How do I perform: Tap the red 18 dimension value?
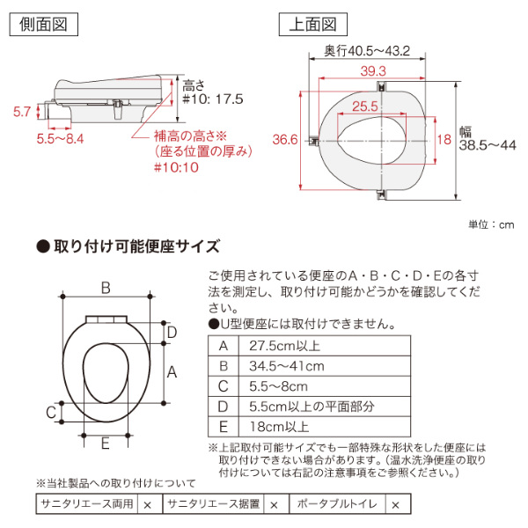click(443, 139)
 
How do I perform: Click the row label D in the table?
click(223, 406)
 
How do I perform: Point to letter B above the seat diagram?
click(106, 287)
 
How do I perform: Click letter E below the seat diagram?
click(105, 445)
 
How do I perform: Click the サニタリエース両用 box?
click(86, 505)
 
